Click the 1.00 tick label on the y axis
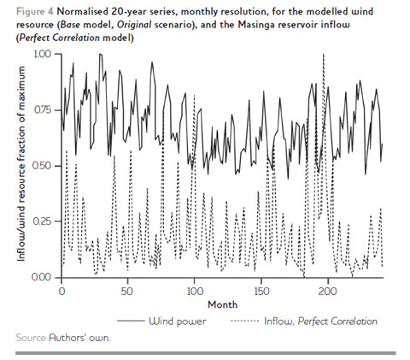click(40, 54)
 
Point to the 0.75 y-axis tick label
click(40, 110)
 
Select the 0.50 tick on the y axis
click(40, 166)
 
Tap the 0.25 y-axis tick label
click(40, 222)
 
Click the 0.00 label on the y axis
click(40, 278)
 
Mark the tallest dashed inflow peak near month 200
click(323, 56)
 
